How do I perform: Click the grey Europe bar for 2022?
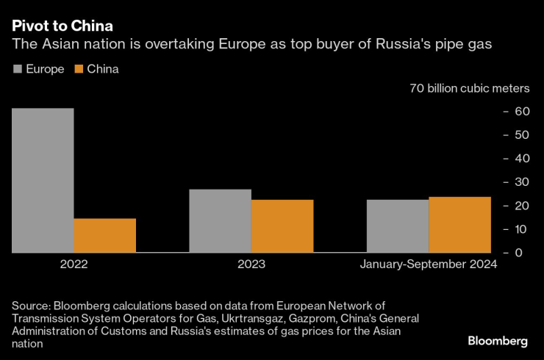[43, 180]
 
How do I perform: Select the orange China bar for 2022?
[104, 235]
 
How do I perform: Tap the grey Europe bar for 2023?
[220, 220]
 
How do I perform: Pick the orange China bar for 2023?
[282, 226]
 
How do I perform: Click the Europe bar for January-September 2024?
[398, 226]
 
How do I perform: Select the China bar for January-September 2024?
[459, 224]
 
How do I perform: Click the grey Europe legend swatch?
[17, 69]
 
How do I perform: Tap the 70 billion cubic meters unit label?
[470, 88]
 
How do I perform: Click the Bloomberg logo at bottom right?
[498, 341]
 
